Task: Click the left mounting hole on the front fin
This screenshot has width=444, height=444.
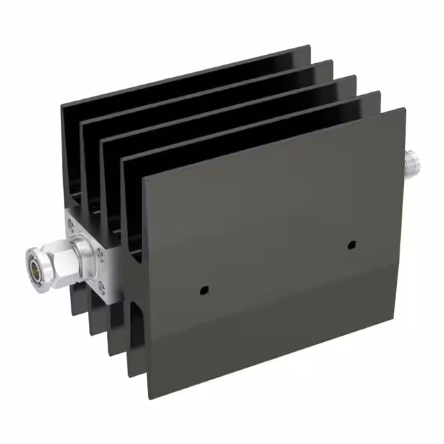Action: point(203,289)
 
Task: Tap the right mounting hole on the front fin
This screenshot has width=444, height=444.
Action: point(352,245)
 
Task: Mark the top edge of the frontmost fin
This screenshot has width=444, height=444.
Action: point(274,143)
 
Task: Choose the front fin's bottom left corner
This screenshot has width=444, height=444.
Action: point(147,398)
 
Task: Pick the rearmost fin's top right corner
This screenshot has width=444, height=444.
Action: point(309,46)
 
